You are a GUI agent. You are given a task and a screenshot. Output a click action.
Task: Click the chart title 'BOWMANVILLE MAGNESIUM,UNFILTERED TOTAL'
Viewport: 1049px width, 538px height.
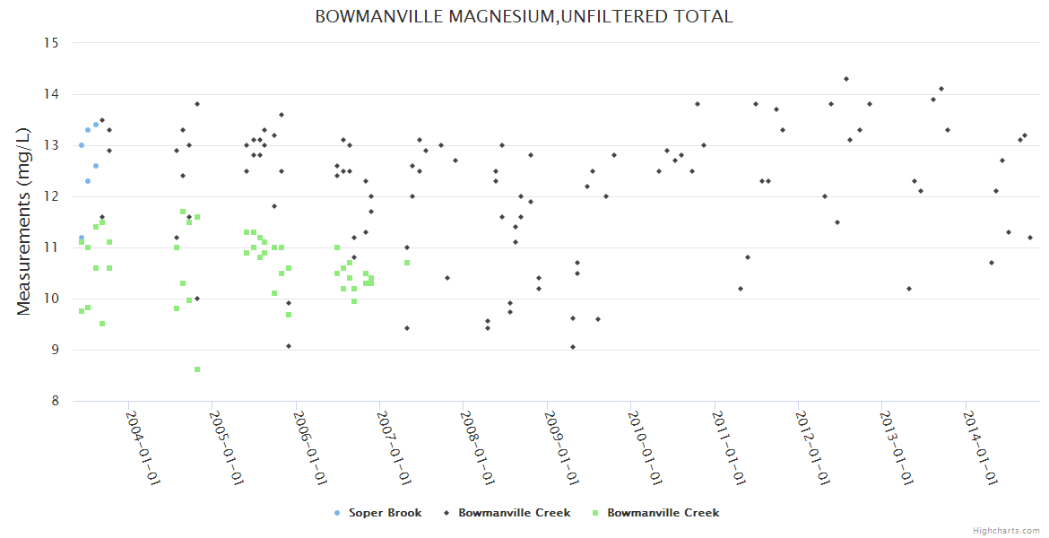tap(524, 16)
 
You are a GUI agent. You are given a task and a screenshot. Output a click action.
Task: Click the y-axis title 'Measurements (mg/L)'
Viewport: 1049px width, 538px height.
tap(25, 221)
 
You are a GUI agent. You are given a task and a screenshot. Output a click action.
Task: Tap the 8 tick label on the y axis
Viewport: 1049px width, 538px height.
tap(54, 401)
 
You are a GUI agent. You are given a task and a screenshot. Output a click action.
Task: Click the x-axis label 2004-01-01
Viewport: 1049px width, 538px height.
tap(142, 447)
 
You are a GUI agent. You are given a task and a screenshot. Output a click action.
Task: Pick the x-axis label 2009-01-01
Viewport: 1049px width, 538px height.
tap(560, 447)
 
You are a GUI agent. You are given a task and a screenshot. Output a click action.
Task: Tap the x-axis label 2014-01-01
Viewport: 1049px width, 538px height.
tap(979, 447)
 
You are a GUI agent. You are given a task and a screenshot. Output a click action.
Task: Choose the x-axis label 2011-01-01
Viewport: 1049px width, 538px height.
tap(728, 447)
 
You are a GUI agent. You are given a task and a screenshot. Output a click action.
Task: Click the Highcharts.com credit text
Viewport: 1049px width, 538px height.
tap(1006, 530)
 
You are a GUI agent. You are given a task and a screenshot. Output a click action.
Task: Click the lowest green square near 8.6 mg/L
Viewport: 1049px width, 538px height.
tap(197, 369)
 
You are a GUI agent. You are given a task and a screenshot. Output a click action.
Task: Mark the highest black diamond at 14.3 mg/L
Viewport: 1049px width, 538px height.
tap(846, 79)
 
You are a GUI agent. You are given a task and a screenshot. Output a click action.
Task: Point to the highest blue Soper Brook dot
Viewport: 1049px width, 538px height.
tap(96, 125)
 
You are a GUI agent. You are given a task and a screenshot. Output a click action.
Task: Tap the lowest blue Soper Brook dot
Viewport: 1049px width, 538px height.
tap(82, 238)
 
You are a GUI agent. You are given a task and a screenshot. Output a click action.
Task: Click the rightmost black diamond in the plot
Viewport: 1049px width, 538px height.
tap(1030, 238)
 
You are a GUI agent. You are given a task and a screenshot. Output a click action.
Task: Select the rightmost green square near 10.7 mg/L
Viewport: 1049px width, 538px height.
tap(407, 263)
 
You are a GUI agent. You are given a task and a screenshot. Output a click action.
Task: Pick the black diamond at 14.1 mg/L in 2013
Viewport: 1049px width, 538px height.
tap(941, 89)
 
